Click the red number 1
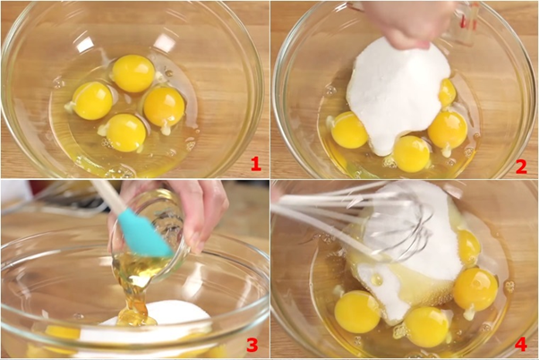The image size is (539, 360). (x=256, y=164)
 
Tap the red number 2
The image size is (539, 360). (x=521, y=167)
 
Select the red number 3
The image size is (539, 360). (x=252, y=345)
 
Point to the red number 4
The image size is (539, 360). (x=521, y=344)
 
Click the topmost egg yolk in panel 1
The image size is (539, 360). (x=133, y=73)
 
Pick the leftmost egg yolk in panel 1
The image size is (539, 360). (x=92, y=100)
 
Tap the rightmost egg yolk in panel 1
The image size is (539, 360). (x=164, y=107)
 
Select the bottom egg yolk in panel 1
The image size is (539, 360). (x=126, y=133)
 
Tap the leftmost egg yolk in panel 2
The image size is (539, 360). (x=349, y=130)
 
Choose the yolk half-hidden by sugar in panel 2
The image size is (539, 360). (x=447, y=92)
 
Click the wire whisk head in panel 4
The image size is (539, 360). (x=397, y=224)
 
